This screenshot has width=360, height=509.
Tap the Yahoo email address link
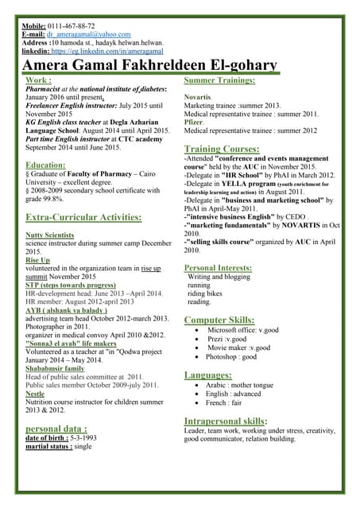pos(88,34)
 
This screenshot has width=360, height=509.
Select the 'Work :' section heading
pos(39,80)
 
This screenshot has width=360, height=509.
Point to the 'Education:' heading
pos(45,165)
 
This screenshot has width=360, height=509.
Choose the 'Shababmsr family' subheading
pos(55,368)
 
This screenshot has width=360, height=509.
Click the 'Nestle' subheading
pos(35,393)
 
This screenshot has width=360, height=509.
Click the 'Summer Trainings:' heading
pos(219,80)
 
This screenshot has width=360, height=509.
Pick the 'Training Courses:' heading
pos(222,149)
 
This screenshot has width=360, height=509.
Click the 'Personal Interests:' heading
pos(223,268)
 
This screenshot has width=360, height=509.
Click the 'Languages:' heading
pos(208,375)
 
